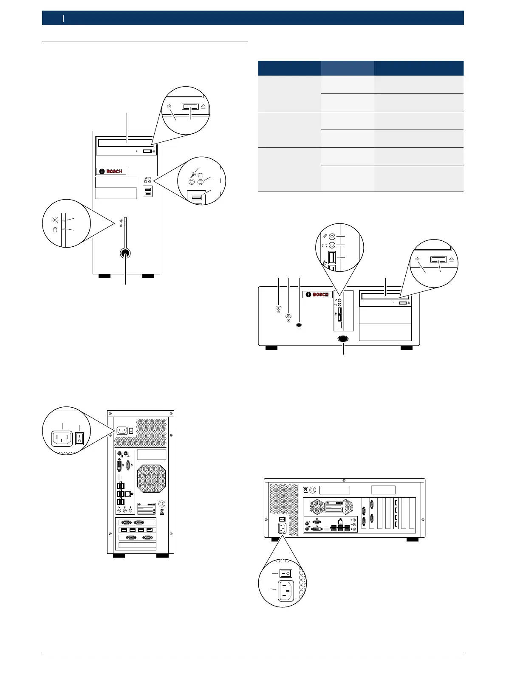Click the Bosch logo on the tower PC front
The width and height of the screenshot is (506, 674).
tap(111, 172)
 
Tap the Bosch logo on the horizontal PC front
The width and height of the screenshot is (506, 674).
tap(318, 294)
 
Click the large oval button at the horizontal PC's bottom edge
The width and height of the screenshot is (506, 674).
tap(343, 339)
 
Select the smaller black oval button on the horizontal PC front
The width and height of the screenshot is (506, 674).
tap(300, 325)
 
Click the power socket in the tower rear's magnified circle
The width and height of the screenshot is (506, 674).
tap(62, 439)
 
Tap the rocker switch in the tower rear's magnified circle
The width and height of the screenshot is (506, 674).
tap(79, 438)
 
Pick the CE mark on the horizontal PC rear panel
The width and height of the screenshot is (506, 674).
tap(313, 490)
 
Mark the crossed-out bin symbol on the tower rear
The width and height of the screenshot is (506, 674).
tap(162, 512)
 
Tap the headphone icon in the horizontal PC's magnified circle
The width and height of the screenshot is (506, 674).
tap(324, 245)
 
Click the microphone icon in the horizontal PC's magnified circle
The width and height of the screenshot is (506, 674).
tap(325, 236)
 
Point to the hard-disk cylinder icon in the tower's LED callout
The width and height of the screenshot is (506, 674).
tap(54, 230)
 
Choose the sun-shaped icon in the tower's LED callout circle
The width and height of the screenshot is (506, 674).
tap(54, 220)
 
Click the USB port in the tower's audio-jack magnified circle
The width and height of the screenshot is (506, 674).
tap(196, 197)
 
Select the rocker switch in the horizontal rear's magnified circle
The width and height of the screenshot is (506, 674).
tap(286, 573)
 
